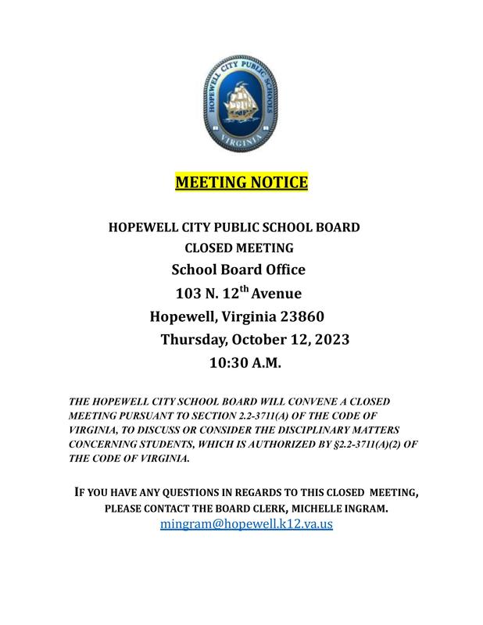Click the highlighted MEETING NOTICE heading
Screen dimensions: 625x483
(x=241, y=183)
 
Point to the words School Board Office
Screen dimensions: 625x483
(x=238, y=270)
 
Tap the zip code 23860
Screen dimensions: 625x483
(x=298, y=316)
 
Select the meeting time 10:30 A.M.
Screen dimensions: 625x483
(x=245, y=363)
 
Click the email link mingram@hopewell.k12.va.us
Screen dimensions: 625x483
(x=246, y=524)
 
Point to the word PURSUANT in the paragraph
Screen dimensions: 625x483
(x=149, y=416)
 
